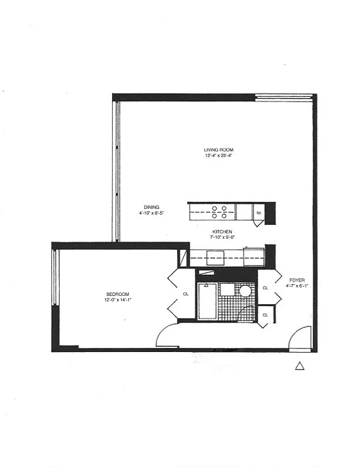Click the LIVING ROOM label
219,150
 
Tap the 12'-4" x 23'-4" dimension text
219,156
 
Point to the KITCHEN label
222,231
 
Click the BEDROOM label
117,294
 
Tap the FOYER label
296,280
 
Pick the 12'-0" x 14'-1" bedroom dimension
117,300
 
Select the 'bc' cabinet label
258,213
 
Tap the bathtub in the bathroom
205,301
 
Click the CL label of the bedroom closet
185,294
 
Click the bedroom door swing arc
167,334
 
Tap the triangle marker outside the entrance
299,366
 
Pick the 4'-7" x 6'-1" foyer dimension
296,287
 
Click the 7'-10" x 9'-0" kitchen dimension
222,238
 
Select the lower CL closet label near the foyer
265,315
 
